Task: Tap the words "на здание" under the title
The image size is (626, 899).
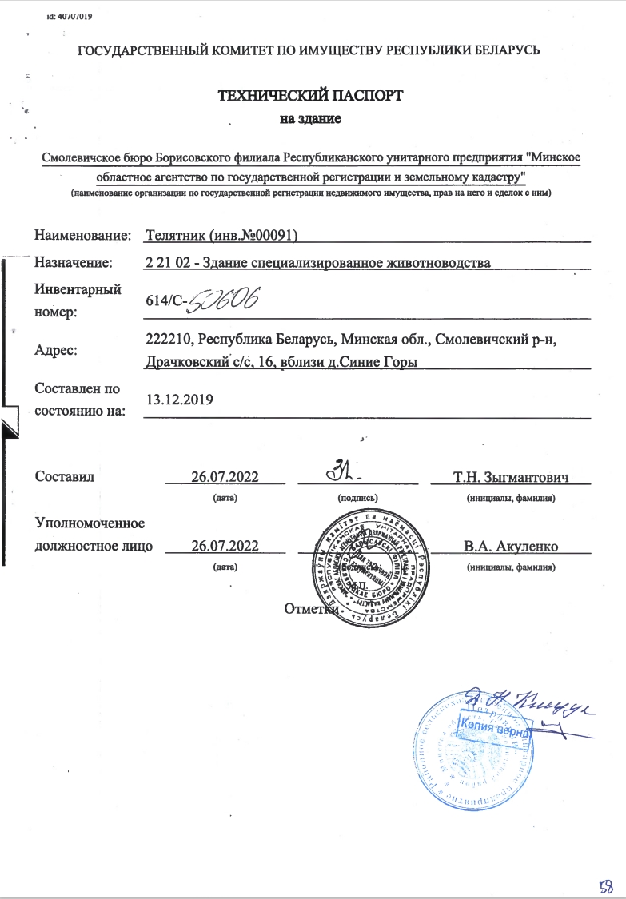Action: coord(310,121)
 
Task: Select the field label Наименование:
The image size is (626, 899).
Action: coord(82,236)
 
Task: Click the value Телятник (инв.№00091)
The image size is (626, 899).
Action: coord(223,236)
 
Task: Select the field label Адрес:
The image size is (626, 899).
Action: coord(58,349)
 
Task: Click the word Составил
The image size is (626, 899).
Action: coord(65,477)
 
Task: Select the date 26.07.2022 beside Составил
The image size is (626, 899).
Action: coord(225,477)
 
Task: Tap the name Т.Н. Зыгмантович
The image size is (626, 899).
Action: coord(510,478)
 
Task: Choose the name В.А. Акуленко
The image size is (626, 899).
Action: coord(510,547)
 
